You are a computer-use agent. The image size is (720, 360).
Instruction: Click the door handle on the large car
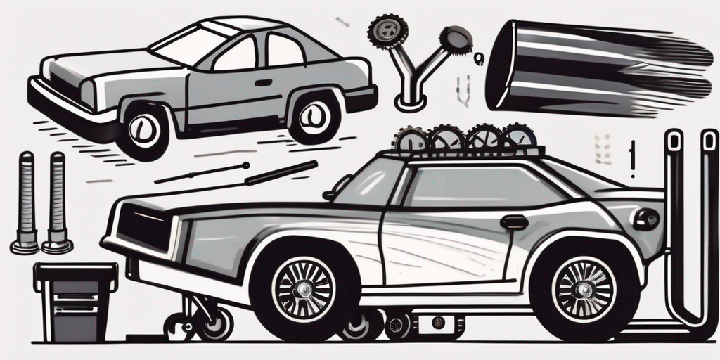click(514, 222)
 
